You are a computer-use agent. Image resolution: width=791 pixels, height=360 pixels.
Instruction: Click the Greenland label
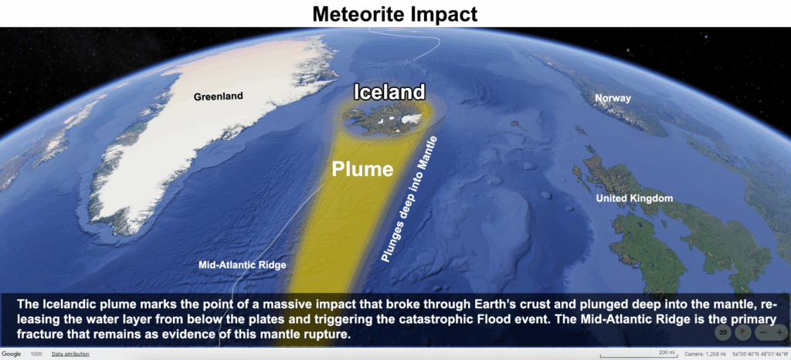pyautogui.click(x=218, y=97)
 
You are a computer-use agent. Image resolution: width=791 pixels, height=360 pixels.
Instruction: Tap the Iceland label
pyautogui.click(x=389, y=92)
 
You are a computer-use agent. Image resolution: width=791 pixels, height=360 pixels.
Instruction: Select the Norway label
pyautogui.click(x=613, y=98)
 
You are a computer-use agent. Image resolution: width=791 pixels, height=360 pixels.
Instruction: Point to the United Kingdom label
pyautogui.click(x=634, y=199)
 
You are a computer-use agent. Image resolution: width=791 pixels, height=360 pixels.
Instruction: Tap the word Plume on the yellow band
pyautogui.click(x=362, y=169)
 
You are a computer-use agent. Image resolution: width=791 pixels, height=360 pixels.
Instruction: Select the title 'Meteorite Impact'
pyautogui.click(x=395, y=14)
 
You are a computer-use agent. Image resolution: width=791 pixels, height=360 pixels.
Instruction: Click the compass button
pyautogui.click(x=742, y=332)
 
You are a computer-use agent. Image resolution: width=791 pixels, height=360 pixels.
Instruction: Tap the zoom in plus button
pyautogui.click(x=779, y=333)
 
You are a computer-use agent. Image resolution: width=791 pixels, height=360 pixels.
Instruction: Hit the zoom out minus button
pyautogui.click(x=762, y=333)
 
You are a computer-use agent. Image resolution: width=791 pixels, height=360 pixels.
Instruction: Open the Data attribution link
pyautogui.click(x=70, y=355)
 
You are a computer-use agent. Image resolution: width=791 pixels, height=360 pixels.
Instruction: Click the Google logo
pyautogui.click(x=11, y=355)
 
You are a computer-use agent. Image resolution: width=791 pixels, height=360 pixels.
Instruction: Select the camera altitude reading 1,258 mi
pyautogui.click(x=704, y=355)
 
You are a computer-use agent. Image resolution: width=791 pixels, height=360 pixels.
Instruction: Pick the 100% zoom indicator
pyautogui.click(x=36, y=355)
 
